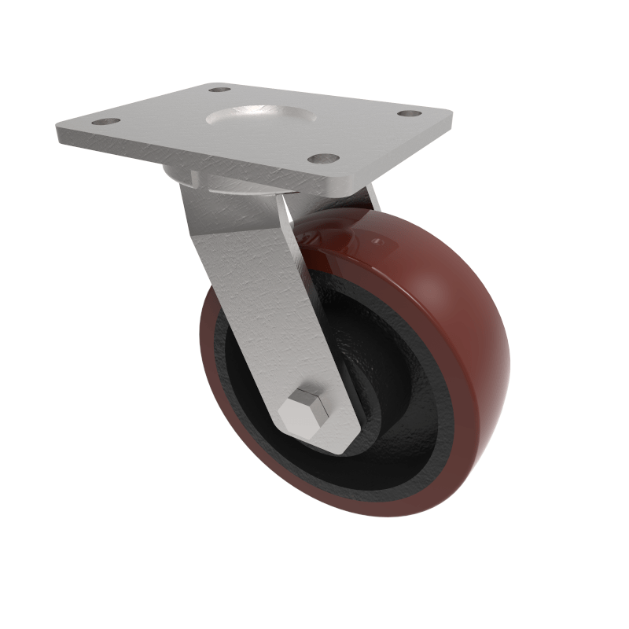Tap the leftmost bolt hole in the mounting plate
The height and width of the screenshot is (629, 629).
tap(105, 122)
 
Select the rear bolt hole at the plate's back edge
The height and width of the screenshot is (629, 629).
tap(219, 90)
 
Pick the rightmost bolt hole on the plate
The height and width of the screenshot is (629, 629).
tap(406, 114)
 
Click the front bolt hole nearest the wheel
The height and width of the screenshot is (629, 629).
tap(322, 158)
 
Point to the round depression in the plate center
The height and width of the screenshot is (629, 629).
tap(259, 118)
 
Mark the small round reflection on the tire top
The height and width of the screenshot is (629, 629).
tap(377, 237)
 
